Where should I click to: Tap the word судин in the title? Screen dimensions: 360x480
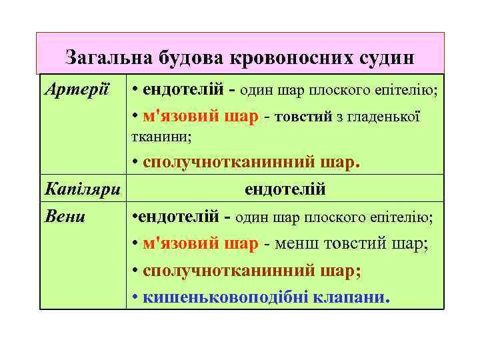[x=385, y=58]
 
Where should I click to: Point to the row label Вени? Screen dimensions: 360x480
[x=65, y=217]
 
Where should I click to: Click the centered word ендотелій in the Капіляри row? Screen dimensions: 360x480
[x=285, y=189]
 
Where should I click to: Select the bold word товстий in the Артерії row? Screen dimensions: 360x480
[x=306, y=117]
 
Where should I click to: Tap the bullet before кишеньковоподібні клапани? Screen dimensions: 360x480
[x=135, y=297]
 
